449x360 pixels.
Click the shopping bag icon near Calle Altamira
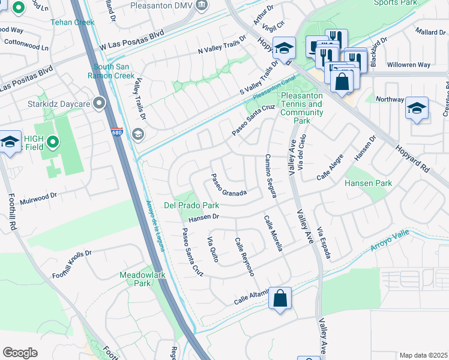point(280,298)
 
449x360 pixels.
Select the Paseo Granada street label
point(228,185)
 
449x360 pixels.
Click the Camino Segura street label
point(271,176)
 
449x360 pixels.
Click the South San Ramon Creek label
point(113,71)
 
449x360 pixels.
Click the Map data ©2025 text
point(423,355)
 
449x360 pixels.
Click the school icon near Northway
point(416,108)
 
